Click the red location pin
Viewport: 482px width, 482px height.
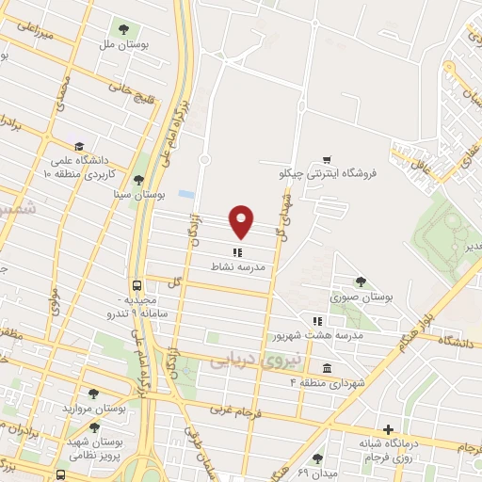pyautogui.click(x=243, y=220)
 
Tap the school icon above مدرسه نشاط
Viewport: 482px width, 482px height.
pyautogui.click(x=237, y=251)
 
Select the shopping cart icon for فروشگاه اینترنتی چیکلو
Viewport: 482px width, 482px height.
pyautogui.click(x=326, y=159)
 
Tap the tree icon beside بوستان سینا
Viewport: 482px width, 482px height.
pyautogui.click(x=139, y=180)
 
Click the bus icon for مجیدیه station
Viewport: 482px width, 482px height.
pyautogui.click(x=138, y=284)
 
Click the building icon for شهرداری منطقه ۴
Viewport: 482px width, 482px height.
pyautogui.click(x=326, y=368)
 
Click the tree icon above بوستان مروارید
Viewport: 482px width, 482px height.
pyautogui.click(x=92, y=394)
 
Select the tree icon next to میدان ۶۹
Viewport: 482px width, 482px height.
pyautogui.click(x=317, y=458)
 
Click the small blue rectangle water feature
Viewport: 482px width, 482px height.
pyautogui.click(x=186, y=194)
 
